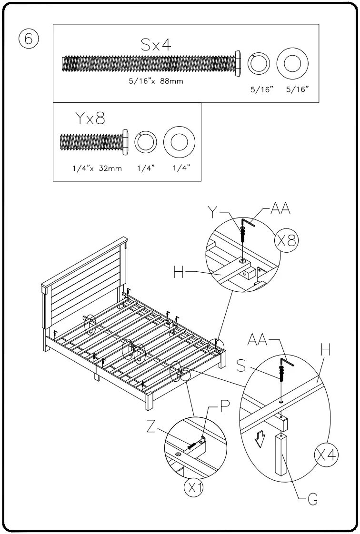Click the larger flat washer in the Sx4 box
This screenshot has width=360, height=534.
click(x=292, y=63)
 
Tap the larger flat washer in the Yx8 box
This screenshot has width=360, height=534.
click(x=180, y=142)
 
